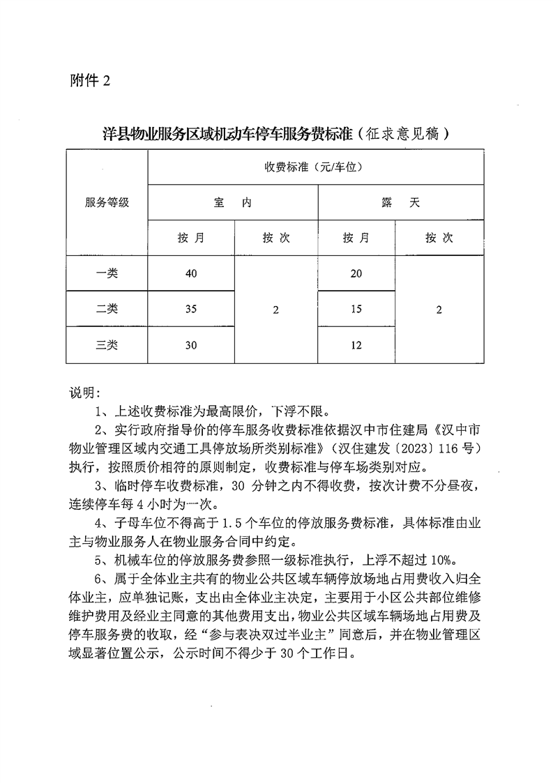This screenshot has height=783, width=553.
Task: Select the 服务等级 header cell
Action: click(x=107, y=203)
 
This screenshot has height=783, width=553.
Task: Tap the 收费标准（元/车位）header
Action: click(x=316, y=167)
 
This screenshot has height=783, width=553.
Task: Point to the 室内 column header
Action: click(x=233, y=203)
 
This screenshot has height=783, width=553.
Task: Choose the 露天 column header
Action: click(x=400, y=203)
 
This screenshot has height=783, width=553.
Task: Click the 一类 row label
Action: click(x=107, y=273)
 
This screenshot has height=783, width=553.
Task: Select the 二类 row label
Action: click(x=107, y=310)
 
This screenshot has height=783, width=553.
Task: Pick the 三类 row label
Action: click(x=107, y=345)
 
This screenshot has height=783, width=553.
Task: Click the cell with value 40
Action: click(x=191, y=273)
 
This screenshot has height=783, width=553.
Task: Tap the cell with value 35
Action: click(x=191, y=310)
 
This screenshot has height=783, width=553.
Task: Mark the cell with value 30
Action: click(x=191, y=345)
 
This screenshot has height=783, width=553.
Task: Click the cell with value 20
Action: click(x=356, y=273)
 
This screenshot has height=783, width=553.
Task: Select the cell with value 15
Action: click(x=356, y=310)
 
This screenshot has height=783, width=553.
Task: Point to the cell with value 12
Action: click(x=356, y=345)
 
